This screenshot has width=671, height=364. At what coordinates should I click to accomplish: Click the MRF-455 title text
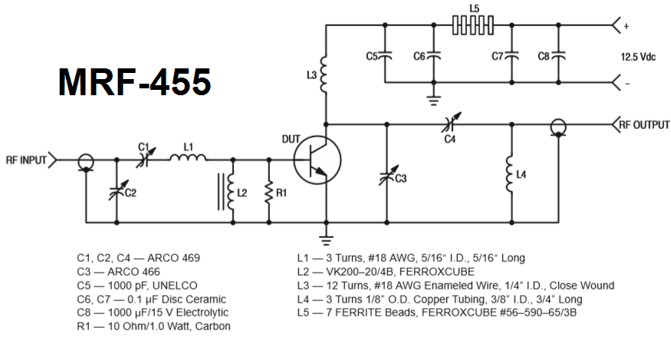click(134, 81)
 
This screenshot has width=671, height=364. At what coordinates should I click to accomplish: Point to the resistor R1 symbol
click(270, 192)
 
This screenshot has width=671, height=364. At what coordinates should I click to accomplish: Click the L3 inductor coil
click(325, 74)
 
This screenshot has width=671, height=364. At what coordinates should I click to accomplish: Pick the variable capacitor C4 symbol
click(450, 123)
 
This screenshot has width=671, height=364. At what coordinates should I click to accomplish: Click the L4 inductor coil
click(510, 175)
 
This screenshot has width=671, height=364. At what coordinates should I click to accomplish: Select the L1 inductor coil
click(188, 160)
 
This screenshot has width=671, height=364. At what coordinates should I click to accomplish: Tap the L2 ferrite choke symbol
click(231, 192)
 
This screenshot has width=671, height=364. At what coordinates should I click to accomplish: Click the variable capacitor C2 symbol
click(118, 192)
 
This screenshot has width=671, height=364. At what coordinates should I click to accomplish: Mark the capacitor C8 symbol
click(559, 55)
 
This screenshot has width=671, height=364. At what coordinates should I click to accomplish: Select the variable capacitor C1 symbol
click(143, 160)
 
